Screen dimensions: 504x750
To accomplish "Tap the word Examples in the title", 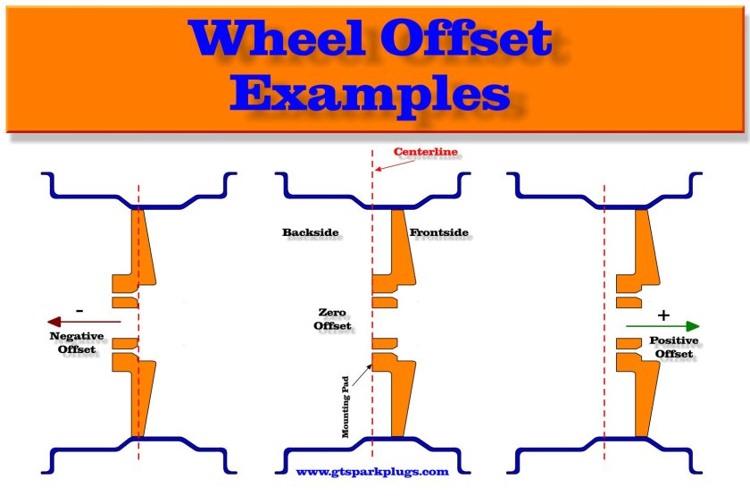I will [375, 91].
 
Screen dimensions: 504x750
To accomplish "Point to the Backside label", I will [311, 233].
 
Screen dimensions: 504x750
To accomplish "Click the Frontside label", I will [438, 233].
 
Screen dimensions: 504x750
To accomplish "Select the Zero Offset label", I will [332, 319].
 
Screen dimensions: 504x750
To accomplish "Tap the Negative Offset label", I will [76, 342].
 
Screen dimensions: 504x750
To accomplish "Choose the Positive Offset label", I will [673, 348].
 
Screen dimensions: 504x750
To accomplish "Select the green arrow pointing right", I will [662, 326].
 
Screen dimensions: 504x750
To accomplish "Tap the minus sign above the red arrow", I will [80, 309].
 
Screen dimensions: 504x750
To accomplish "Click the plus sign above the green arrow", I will [662, 315].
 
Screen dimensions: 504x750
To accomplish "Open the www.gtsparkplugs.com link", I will [371, 471].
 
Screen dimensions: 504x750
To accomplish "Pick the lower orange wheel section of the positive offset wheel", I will [645, 393].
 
